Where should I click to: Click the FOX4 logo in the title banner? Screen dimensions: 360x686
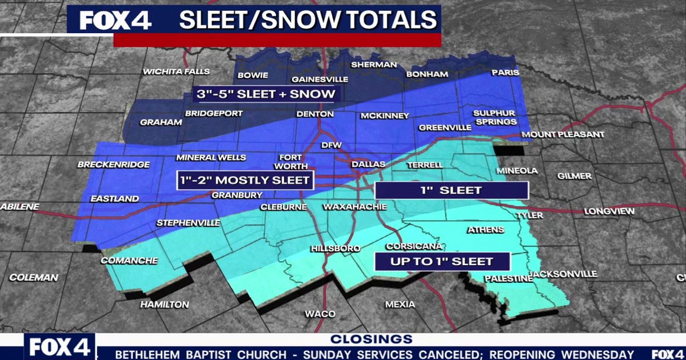115,20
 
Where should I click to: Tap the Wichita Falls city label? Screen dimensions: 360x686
176,72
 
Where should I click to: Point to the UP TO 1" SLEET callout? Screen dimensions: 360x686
441,261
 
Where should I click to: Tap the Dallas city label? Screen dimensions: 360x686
368,165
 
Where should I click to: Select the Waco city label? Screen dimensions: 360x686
320,314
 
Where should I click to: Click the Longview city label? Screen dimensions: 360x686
609,211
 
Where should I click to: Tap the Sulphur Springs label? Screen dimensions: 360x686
494,117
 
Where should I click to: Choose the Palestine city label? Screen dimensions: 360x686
508,279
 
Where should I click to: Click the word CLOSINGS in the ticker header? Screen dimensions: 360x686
371,339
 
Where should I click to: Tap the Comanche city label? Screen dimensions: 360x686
129,261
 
